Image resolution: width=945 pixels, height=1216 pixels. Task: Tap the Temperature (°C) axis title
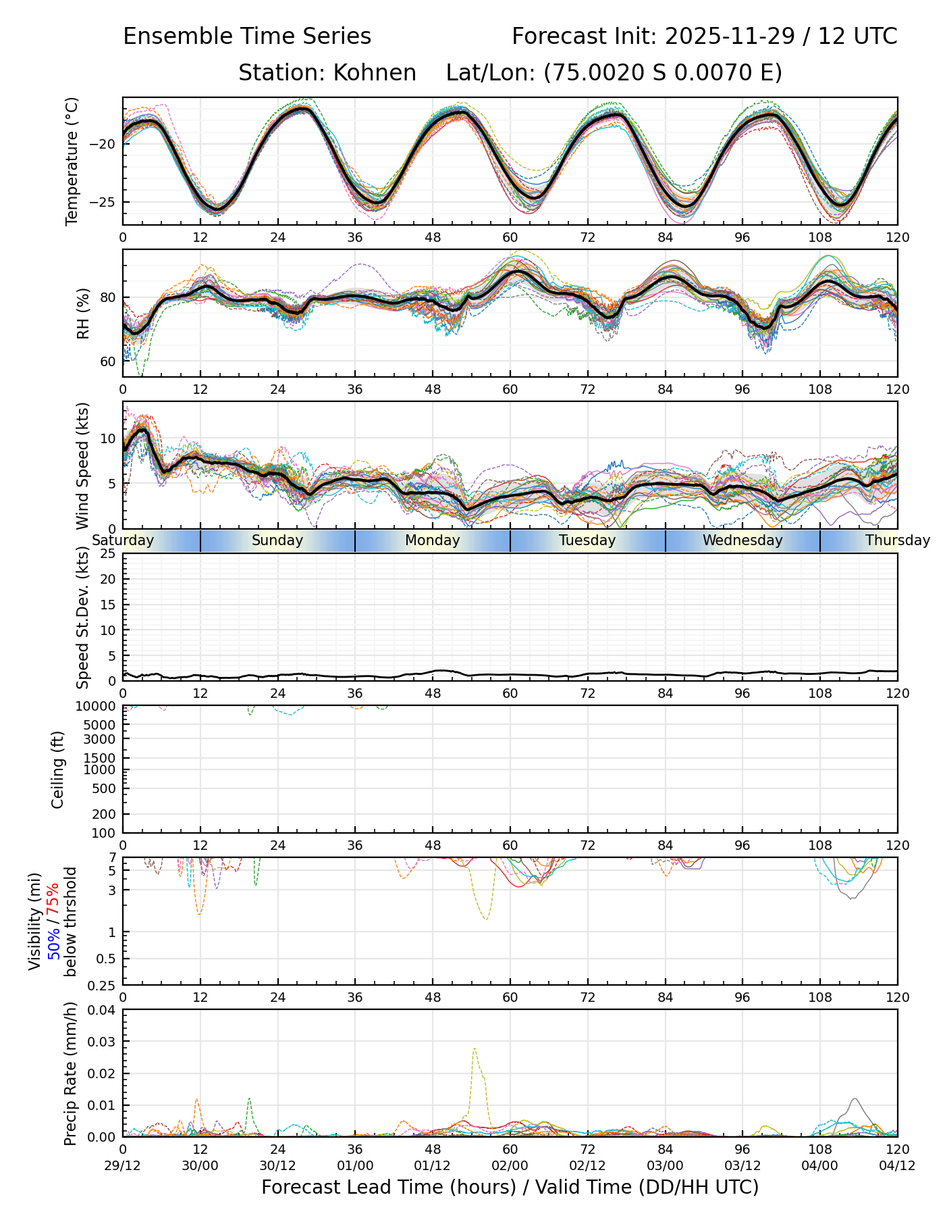(72, 161)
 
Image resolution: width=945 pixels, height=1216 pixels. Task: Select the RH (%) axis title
(83, 313)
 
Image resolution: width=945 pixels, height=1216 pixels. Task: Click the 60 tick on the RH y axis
(108, 361)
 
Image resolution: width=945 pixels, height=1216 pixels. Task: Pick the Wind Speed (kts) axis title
(83, 465)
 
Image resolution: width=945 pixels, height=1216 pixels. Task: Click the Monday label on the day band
(432, 540)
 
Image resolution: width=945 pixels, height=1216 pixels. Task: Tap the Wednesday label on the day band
(742, 540)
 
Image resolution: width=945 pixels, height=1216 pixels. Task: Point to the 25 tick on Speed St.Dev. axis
(108, 554)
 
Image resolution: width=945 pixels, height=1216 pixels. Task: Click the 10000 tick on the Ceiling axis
(99, 707)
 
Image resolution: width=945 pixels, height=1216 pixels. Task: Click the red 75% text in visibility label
(53, 899)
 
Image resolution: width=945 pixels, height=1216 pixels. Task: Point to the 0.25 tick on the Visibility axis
(103, 984)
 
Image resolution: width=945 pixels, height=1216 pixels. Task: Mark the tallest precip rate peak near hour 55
(475, 1048)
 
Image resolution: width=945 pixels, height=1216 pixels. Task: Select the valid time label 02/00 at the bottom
(510, 1166)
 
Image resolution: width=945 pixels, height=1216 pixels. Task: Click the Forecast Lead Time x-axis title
(510, 1187)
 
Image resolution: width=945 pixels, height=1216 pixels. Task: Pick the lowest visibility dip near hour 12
(200, 914)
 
